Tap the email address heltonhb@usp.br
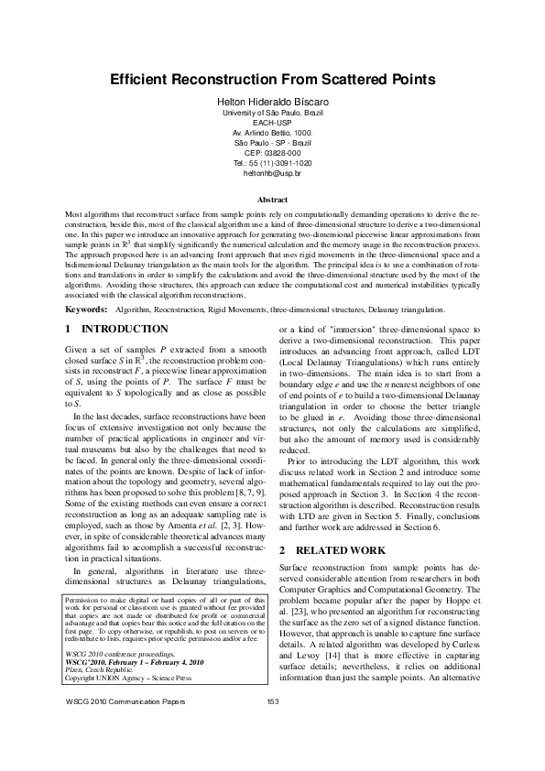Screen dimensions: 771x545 pos(272,172)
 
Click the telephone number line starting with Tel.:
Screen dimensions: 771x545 pos(272,162)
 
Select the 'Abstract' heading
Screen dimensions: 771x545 pos(272,198)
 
